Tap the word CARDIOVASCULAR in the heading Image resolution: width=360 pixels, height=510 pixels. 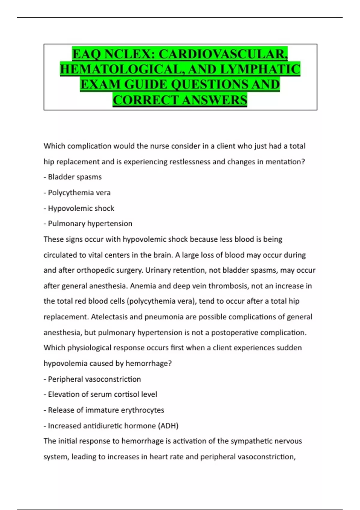tap(223, 54)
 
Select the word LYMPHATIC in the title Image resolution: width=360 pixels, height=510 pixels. tap(260, 70)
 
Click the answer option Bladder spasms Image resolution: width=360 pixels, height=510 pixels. tap(75, 177)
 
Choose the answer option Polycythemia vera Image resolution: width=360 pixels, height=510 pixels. tap(79, 193)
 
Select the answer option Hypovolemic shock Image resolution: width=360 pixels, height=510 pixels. tap(81, 208)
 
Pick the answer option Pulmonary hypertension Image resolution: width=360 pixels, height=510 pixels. tap(90, 224)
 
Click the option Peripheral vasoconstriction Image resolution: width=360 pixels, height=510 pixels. tap(94, 379)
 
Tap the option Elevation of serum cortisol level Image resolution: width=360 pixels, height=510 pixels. tap(102, 394)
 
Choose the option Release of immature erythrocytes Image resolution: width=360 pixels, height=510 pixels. tap(106, 410)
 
